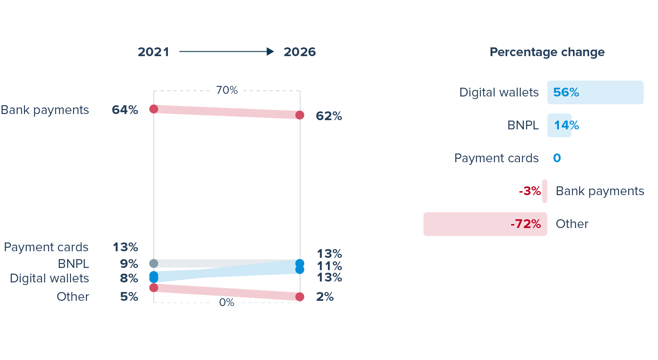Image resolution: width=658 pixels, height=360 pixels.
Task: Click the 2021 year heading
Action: click(x=153, y=52)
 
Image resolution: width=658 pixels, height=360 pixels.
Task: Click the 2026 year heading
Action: click(x=299, y=52)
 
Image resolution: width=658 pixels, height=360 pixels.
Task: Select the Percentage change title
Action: click(x=547, y=52)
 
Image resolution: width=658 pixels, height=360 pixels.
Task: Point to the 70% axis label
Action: click(x=227, y=90)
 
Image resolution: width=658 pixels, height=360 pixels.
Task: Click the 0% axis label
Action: click(x=227, y=303)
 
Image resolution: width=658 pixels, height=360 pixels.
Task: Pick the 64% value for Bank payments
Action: click(x=125, y=110)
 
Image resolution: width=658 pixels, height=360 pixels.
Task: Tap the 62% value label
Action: click(x=329, y=116)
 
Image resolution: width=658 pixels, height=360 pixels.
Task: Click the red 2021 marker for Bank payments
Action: click(x=154, y=109)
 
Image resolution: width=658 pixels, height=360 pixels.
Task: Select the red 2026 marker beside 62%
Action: click(x=300, y=115)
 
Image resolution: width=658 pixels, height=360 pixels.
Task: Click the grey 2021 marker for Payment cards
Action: click(x=154, y=264)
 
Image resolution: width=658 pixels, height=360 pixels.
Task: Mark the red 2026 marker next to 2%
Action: click(x=300, y=297)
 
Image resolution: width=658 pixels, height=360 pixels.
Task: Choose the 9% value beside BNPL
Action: click(x=129, y=264)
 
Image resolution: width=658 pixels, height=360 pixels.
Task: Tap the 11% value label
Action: click(x=329, y=266)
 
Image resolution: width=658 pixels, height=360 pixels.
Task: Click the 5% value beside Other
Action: click(x=129, y=297)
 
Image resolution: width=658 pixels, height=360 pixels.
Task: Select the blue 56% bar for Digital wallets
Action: click(x=595, y=93)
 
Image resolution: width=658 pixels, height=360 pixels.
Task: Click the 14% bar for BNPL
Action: click(x=559, y=125)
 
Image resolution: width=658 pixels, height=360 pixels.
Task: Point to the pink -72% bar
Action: click(x=485, y=224)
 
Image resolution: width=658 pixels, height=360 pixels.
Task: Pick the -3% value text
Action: click(x=530, y=191)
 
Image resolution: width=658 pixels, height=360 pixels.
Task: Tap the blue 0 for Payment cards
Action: click(x=557, y=158)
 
